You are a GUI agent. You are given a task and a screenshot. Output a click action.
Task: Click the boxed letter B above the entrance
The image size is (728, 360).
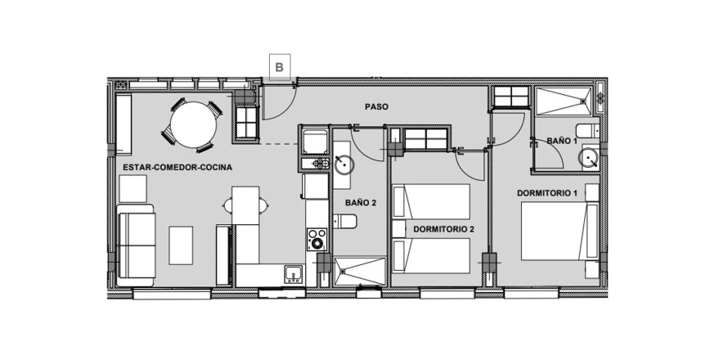pos(280,67)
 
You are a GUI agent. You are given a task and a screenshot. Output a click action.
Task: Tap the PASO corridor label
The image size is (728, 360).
pos(376,107)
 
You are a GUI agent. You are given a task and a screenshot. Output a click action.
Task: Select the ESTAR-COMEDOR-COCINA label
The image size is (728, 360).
pos(178,167)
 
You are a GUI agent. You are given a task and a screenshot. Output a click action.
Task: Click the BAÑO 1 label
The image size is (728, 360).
pos(562,140)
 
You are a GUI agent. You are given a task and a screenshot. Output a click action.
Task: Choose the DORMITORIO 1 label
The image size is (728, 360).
pos(547,193)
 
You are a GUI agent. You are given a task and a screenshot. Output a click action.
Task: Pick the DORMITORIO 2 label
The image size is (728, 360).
pos(444,229)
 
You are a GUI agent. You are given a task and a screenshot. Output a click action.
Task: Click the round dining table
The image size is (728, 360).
pos(193,125)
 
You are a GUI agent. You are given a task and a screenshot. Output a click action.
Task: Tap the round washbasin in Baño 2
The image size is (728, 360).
pos(344,164)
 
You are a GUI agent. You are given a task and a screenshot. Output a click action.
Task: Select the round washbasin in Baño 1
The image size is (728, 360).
pos(589,157)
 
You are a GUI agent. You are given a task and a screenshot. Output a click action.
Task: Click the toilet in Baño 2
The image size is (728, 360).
pos(345,222)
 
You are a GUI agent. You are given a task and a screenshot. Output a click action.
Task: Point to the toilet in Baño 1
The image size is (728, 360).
pos(587,131)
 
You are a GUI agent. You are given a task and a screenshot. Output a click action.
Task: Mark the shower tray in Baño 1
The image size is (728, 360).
pos(564,101)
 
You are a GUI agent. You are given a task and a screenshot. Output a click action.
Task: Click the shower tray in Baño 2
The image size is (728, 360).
pos(359,271)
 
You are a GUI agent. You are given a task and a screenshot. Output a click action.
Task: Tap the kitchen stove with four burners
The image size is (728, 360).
pos(317,240)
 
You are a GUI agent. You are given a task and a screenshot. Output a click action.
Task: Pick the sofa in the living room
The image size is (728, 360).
pos(136,245)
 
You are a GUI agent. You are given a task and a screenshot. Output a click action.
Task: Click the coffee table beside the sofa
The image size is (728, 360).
pos(181,245)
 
